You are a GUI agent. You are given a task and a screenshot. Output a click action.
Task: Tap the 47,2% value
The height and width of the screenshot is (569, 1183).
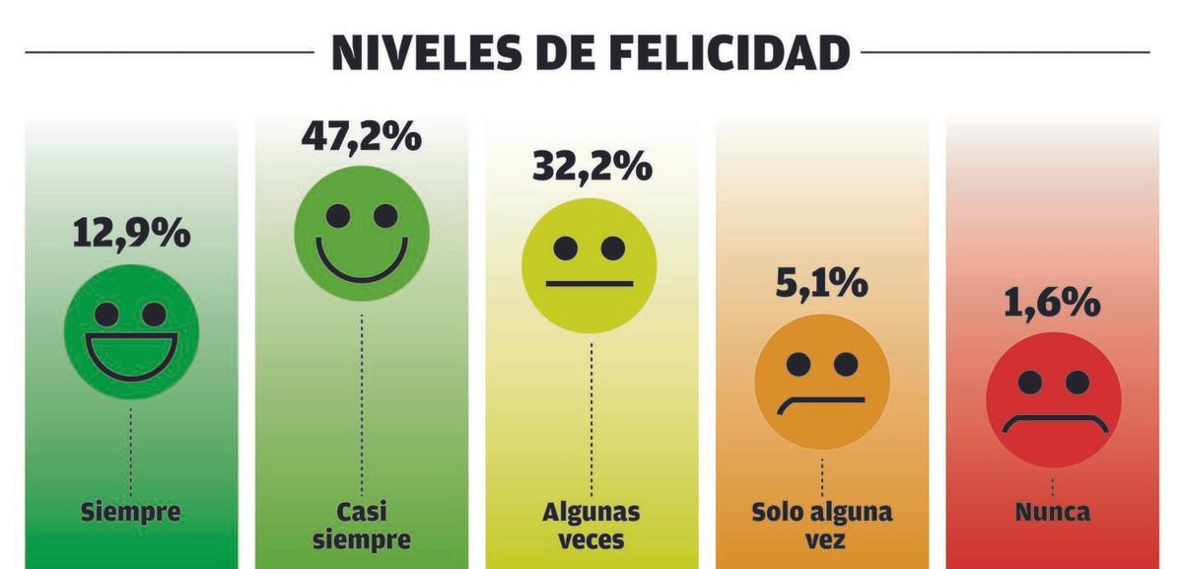361,136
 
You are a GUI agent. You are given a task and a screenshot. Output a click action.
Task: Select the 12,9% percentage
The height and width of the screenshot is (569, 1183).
130,233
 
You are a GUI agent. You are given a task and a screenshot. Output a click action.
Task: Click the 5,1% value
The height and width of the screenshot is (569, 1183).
822,284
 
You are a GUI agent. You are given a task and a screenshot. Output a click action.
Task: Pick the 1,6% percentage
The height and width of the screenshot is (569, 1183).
1053,303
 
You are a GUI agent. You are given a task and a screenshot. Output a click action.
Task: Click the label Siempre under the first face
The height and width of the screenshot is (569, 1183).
130,513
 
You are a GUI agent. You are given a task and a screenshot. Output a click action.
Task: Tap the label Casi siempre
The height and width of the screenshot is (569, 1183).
361,526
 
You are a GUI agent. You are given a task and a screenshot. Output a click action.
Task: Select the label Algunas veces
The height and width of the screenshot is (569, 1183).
591,526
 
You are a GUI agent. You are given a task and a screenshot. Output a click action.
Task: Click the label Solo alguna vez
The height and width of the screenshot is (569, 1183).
822,526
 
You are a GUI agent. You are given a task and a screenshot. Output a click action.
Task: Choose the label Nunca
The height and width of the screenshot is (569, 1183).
1053,513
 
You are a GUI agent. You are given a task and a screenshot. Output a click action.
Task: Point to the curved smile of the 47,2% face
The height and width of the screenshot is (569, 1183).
361,264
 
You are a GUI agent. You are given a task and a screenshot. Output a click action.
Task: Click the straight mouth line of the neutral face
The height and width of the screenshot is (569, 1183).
590,284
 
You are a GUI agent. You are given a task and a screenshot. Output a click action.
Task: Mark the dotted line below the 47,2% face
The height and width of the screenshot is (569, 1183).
361,404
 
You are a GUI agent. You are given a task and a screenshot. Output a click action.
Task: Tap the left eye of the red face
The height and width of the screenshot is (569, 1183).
1030,382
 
